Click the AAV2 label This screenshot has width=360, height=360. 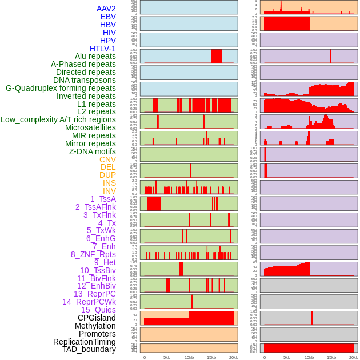click(106, 9)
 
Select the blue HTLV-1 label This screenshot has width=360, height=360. click(102, 49)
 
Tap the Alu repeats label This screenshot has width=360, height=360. click(95, 56)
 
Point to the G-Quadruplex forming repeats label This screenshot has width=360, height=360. click(61, 88)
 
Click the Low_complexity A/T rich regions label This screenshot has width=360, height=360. click(58, 119)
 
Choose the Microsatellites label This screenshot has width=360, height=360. click(90, 127)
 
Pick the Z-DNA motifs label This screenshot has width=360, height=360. click(92, 151)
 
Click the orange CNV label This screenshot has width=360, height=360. click(107, 159)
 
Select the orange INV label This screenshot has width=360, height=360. click(109, 191)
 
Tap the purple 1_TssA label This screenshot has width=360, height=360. click(103, 199)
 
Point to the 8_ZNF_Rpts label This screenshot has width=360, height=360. click(93, 254)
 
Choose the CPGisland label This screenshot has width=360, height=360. click(97, 318)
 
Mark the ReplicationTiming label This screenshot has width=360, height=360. click(85, 342)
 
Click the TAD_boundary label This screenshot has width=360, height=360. click(89, 349)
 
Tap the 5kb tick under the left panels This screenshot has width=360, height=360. click(167, 357)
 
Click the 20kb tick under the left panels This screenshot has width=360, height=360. click(234, 357)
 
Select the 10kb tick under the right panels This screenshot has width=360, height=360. click(309, 357)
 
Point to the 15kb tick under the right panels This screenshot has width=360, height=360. click(331, 357)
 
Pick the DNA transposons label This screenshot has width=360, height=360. click(85, 80)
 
